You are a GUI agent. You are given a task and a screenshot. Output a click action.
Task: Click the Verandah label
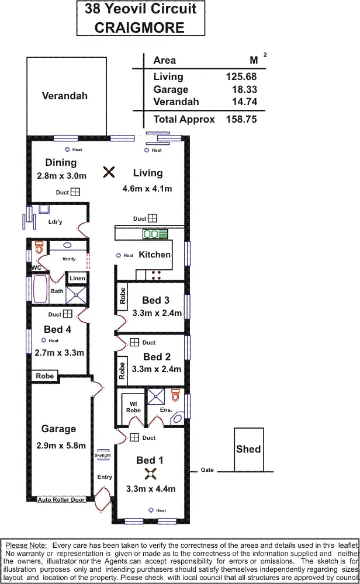coord(65,96)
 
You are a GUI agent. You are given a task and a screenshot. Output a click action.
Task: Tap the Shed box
coord(248,449)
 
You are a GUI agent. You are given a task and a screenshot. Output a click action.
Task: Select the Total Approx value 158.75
coord(241,119)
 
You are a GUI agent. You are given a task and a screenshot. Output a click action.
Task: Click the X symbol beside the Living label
coord(109,172)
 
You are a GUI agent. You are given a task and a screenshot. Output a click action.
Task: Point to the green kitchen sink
coord(155,234)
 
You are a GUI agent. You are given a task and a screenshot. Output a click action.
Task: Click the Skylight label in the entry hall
coord(103,456)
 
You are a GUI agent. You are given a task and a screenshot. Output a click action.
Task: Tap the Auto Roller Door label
coord(61,499)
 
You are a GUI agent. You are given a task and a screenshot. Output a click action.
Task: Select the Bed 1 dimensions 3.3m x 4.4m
coord(151,489)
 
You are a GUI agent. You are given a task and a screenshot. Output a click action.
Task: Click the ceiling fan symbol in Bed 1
coord(150,474)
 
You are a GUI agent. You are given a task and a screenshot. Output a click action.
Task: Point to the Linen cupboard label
coord(77,279)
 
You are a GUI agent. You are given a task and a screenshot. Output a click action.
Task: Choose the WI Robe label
coord(133,406)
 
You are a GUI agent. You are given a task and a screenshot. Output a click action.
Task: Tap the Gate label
coord(207,470)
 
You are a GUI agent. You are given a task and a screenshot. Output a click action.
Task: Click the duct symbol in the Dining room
coord(75,192)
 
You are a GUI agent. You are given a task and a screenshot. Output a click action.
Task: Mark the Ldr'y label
coord(56,222)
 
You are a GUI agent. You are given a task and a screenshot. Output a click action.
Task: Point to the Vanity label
coord(69,259)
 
